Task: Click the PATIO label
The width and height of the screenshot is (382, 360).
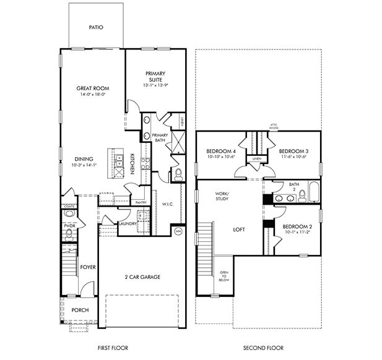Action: [95, 27]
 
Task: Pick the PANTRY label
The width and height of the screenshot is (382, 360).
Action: [141, 202]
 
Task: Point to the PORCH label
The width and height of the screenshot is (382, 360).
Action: [80, 311]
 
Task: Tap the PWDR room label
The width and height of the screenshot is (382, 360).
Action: [69, 226]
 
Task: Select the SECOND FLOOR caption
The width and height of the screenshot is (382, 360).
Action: [259, 349]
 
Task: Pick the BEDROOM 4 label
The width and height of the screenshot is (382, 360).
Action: [221, 152]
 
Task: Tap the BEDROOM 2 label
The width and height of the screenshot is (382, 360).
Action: [297, 226]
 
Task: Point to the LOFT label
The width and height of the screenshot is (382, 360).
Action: [239, 229]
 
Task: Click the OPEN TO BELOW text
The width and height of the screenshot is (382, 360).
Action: [224, 275]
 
